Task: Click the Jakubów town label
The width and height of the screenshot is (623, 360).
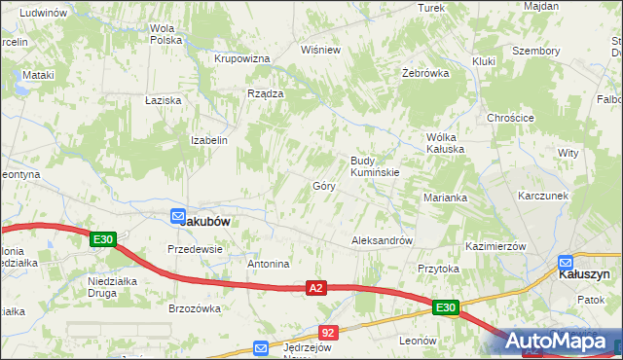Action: [206, 221]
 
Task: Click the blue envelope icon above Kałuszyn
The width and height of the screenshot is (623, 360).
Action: [566, 262]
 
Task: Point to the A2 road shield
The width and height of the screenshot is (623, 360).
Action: [315, 288]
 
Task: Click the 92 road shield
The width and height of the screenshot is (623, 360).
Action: [328, 333]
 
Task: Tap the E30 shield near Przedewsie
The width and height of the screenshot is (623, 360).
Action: [104, 239]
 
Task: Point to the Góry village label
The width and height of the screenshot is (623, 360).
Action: [324, 185]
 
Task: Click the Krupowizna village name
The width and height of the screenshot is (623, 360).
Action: [241, 58]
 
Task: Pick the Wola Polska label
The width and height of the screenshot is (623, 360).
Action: [167, 34]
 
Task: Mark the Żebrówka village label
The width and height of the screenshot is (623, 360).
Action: [425, 73]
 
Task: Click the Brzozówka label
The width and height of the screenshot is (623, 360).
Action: [195, 308]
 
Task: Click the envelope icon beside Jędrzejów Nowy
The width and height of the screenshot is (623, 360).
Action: [261, 347]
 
